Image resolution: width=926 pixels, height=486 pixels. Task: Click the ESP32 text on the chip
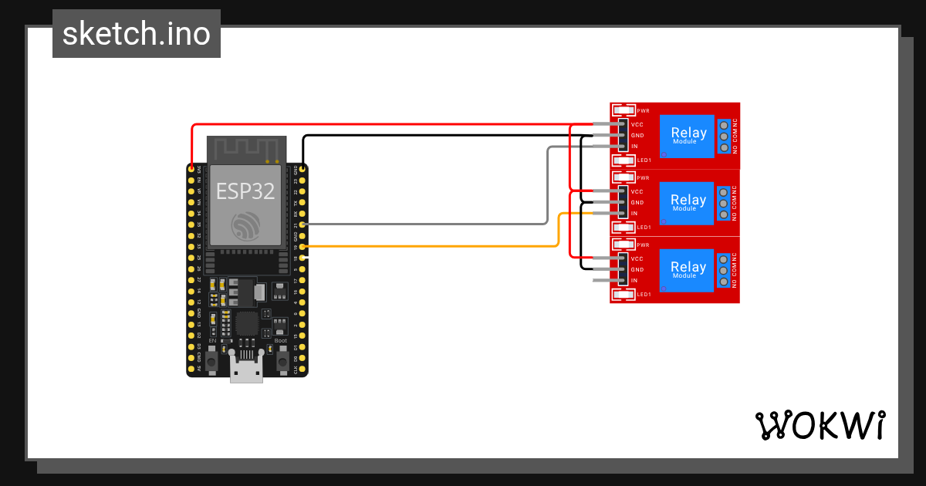(x=245, y=191)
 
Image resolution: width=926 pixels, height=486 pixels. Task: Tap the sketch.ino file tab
(x=137, y=34)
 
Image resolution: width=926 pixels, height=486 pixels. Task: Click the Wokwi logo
(x=820, y=425)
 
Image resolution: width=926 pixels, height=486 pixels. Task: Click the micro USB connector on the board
(x=246, y=371)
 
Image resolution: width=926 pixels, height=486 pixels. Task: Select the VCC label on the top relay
(x=637, y=124)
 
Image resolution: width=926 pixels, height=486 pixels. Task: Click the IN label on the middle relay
(x=634, y=214)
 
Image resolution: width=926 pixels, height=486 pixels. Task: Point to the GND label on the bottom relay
(x=637, y=270)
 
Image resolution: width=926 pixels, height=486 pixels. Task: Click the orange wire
(x=432, y=246)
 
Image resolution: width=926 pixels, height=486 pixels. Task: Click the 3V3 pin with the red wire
(x=191, y=168)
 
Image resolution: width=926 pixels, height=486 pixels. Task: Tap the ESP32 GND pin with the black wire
(x=302, y=168)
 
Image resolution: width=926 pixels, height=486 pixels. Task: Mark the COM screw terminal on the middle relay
(x=724, y=203)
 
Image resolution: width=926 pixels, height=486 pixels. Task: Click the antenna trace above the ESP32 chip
(x=246, y=148)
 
